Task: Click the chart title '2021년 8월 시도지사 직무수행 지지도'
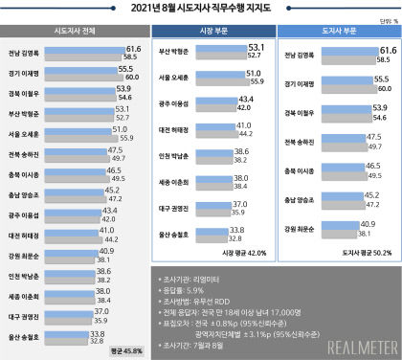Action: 200,10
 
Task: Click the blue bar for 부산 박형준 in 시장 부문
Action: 218,47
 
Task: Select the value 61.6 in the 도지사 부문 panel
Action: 388,48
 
